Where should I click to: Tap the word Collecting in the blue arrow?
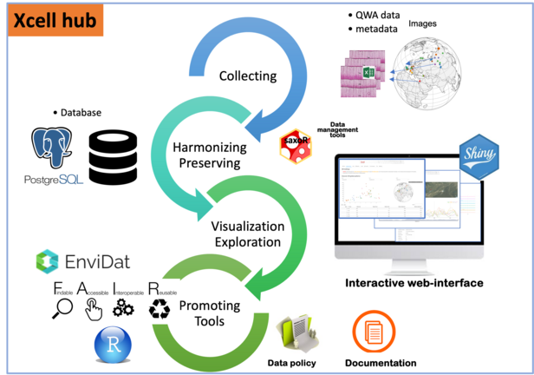[x=249, y=75]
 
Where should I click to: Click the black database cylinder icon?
[x=114, y=156]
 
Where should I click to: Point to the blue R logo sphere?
[x=114, y=345]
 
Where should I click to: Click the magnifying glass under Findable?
[x=62, y=308]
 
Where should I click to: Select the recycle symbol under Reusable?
[x=160, y=309]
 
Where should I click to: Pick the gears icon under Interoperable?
[x=123, y=308]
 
